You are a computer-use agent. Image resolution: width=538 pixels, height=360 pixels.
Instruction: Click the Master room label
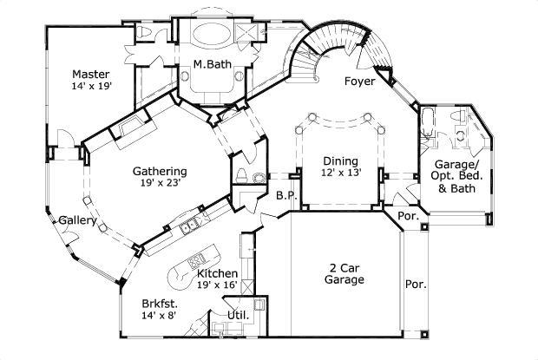(90, 74)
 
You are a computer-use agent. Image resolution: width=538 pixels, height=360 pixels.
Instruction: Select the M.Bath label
(210, 63)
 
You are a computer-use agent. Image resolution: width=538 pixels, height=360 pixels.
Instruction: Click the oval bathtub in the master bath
(209, 36)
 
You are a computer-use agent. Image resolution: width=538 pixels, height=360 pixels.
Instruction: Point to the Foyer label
(359, 82)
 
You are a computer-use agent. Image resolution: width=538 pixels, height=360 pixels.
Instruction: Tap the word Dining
(340, 160)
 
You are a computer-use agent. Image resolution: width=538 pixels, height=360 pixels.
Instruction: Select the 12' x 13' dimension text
(340, 173)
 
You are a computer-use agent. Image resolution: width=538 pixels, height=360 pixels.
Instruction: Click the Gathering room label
(161, 171)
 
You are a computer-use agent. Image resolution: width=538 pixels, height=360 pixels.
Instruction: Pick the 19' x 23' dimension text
(161, 184)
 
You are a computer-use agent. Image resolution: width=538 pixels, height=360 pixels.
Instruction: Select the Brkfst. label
(161, 304)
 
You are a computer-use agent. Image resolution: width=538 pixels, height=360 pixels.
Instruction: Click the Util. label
(237, 316)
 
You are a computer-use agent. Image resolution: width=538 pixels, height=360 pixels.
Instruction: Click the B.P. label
(286, 196)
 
